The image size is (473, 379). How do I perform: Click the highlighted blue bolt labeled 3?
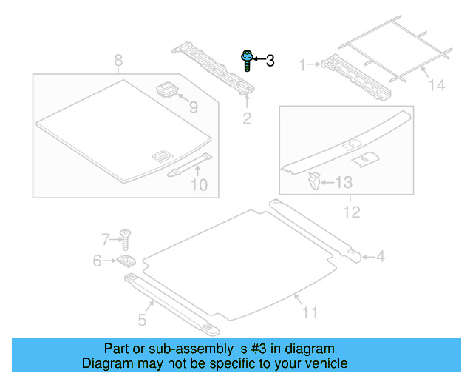pos(246,60)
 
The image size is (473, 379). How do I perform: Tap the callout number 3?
pos(270,61)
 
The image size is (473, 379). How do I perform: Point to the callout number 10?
pos(200,184)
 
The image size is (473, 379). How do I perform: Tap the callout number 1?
pos(302,65)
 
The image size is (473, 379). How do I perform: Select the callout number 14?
pos(438,86)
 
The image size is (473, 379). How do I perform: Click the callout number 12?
pos(351,212)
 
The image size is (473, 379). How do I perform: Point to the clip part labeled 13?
pos(314,179)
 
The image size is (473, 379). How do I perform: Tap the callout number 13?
pos(344,182)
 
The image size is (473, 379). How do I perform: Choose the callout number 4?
pos(381,257)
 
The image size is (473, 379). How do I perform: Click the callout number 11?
pos(310,312)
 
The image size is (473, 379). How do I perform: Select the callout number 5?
pos(142,320)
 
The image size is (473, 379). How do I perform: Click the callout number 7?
pos(105,238)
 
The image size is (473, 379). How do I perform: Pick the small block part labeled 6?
pos(126,261)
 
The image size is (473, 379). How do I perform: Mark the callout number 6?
pos(97,261)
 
